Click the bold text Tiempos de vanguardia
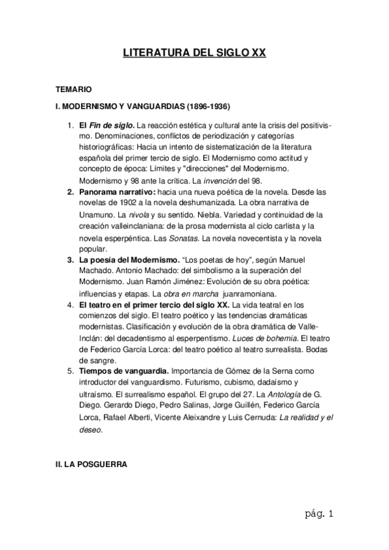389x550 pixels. pos(123,371)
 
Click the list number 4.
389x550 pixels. pos(71,304)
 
